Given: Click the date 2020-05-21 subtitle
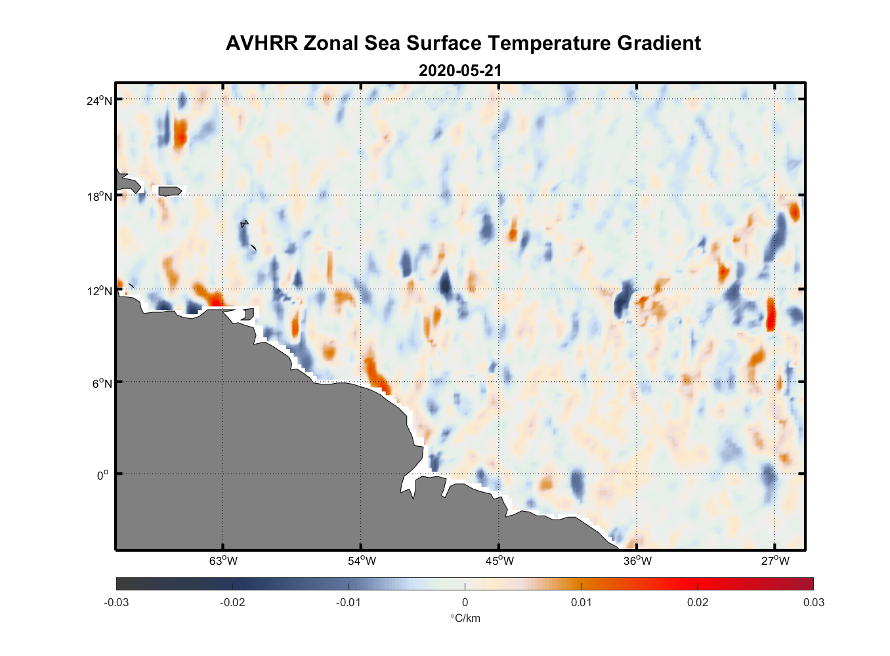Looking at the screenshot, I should (x=460, y=70).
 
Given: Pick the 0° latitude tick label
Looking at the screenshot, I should (x=103, y=475).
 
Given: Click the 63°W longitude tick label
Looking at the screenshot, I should (x=223, y=561).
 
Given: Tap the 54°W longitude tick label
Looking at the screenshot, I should (x=362, y=561).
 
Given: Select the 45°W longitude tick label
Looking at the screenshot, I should (x=499, y=561).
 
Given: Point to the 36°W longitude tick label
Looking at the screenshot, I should (x=637, y=561).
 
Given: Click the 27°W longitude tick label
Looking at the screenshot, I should (x=775, y=561).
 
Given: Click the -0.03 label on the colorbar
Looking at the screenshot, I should (x=116, y=603).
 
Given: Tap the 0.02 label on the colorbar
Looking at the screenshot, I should (x=697, y=603).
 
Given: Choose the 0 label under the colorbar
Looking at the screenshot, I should (x=465, y=603).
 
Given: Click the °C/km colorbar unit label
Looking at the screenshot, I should (x=465, y=619).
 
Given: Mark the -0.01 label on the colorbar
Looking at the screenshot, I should (x=348, y=603).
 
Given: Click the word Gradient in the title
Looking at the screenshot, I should (x=659, y=43).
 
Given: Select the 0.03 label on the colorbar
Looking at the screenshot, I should (x=813, y=603).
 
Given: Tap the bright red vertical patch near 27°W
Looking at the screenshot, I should (x=771, y=314).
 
